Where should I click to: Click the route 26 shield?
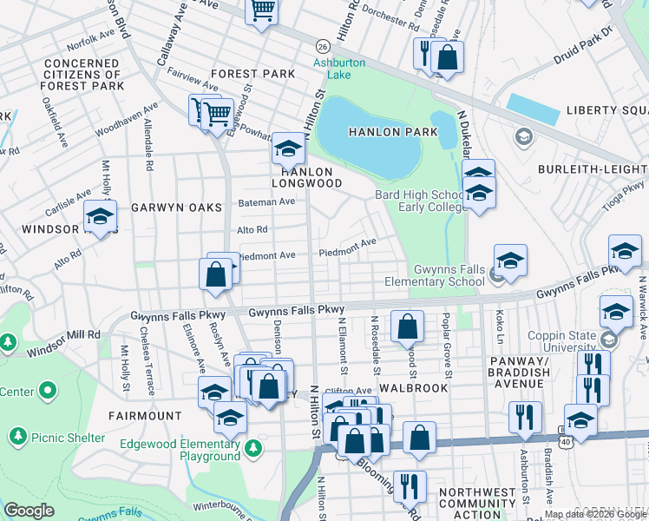tap(322, 46)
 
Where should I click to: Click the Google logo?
tap(29, 510)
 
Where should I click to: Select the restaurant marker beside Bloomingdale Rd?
tap(409, 485)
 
